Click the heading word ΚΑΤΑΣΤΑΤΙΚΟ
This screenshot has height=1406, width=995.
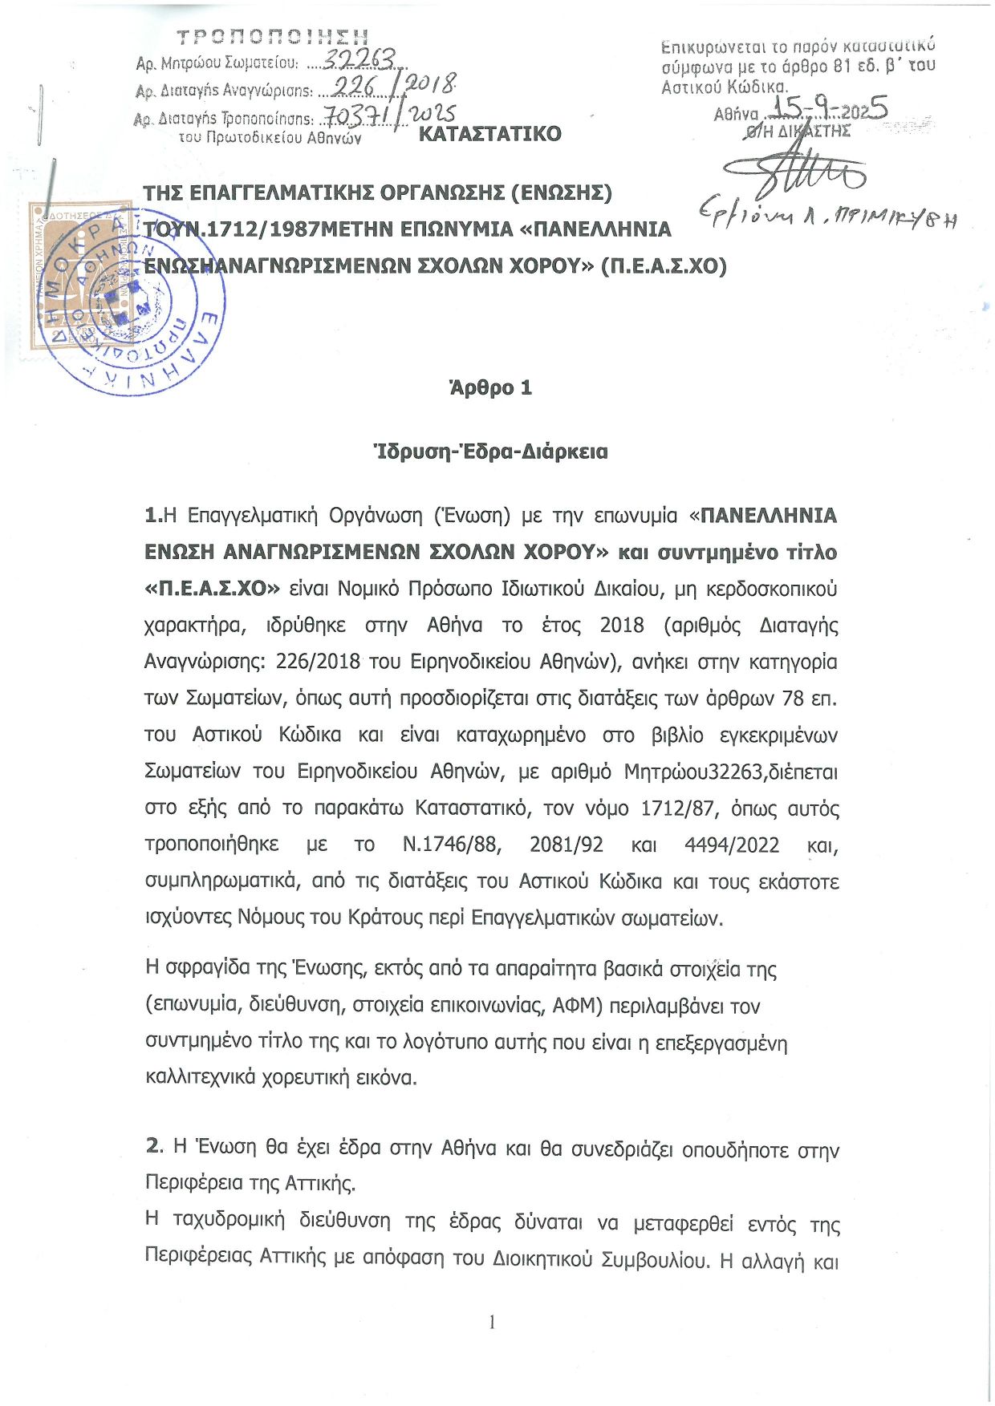489,133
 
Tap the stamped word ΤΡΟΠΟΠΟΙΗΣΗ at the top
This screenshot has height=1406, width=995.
272,37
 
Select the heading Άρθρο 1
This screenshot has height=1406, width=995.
490,388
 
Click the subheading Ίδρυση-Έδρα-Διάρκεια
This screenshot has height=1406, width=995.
490,452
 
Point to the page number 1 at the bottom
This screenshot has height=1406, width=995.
492,1322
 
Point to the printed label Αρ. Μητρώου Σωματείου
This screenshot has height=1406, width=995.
217,63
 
